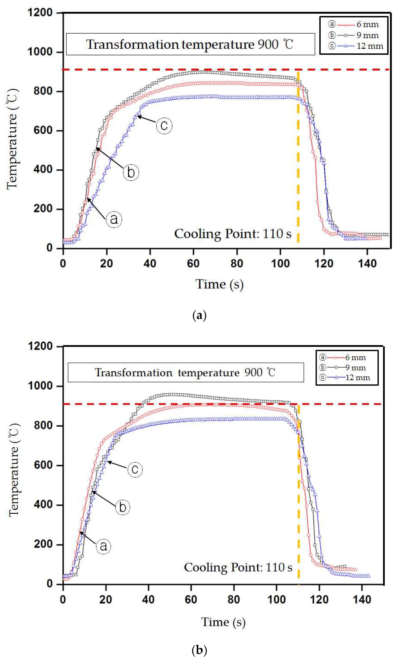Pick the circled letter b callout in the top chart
(131, 172)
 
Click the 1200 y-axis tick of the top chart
(40, 13)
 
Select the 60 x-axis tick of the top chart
(193, 264)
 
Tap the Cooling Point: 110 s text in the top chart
(232, 234)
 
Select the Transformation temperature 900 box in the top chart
(190, 44)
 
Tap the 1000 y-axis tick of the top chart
(40, 52)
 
